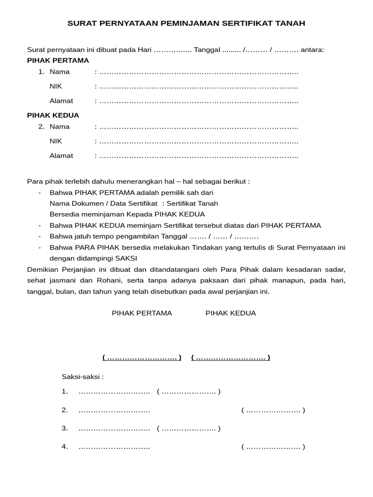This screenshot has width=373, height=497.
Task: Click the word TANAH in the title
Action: coord(291,23)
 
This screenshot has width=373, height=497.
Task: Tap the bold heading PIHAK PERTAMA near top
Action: coord(58,61)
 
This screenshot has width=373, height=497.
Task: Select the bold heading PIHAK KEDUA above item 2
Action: coord(53,116)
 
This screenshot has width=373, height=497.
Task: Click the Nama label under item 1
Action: coord(59,72)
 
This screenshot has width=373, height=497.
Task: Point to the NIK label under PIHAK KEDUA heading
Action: coord(56,141)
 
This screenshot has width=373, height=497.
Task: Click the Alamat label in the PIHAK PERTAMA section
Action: coord(61,101)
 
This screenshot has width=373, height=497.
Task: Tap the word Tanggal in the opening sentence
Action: coord(207,50)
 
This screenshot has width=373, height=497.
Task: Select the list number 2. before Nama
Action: coord(41,127)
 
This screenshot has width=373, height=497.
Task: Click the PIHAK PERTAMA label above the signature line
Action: coord(142,313)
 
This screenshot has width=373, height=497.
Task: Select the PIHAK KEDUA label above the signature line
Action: coord(231,313)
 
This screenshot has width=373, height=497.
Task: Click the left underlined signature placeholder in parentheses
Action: coord(142,358)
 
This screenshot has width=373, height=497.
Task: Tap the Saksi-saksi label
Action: coord(83,377)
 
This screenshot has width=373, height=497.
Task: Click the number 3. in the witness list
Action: coord(65,429)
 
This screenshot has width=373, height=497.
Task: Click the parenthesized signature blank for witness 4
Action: coord(273,447)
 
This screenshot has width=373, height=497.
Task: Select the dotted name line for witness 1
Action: coord(114,392)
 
